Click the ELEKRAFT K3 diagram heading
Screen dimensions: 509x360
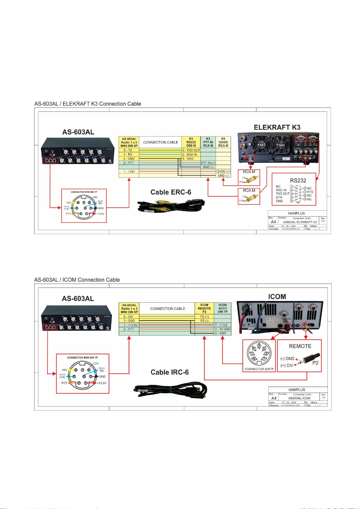[x=277, y=127]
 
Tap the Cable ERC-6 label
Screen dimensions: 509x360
[x=171, y=192]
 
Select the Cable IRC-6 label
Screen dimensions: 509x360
[x=169, y=372]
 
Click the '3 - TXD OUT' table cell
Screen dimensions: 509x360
[x=191, y=150]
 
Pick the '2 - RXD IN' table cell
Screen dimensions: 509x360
[x=190, y=154]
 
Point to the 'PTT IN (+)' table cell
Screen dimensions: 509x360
[x=208, y=163]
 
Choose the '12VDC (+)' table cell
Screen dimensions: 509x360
[x=223, y=171]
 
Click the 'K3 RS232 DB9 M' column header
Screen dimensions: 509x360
[x=191, y=142]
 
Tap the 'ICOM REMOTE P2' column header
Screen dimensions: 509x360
[x=204, y=308]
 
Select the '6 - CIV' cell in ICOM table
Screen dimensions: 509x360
[x=128, y=317]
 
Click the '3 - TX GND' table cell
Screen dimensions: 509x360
[x=223, y=329]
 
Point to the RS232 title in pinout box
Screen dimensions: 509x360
[x=298, y=180]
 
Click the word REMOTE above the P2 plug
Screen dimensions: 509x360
[x=300, y=346]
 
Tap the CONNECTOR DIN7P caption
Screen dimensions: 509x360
[x=259, y=369]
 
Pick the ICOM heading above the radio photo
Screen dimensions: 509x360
[x=277, y=297]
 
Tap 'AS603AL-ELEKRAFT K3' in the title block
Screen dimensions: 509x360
[x=300, y=222]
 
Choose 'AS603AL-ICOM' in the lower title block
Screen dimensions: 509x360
[x=299, y=398]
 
